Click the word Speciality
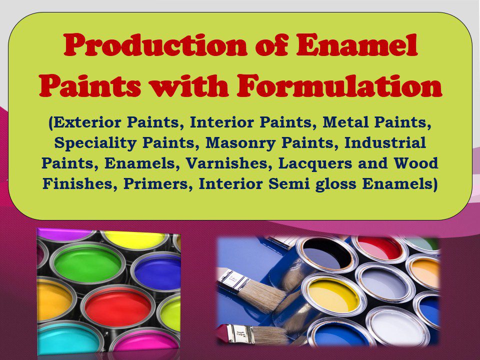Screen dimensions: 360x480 pos(97,143)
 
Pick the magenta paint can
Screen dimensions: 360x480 pos(145,340)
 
